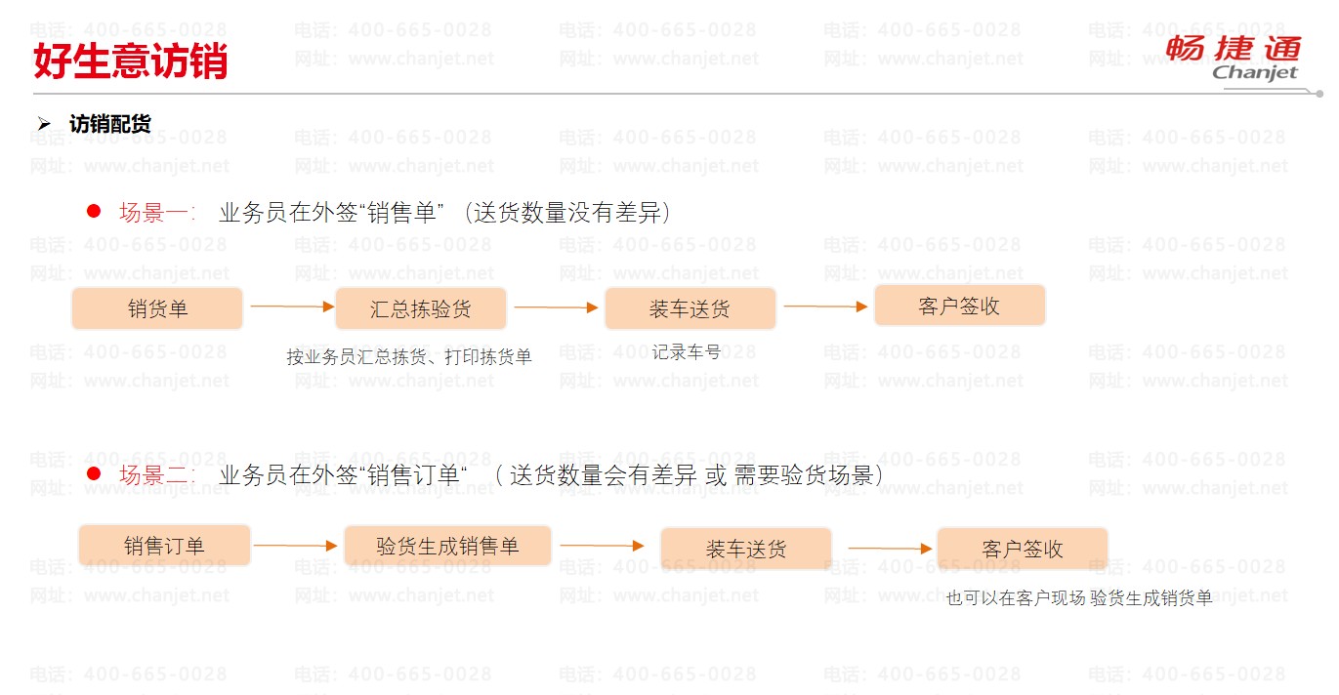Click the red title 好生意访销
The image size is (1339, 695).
click(131, 61)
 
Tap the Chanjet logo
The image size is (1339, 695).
click(1234, 58)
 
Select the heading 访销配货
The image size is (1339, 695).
click(109, 124)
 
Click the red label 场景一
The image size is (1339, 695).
click(156, 213)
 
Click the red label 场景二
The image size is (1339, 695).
click(156, 475)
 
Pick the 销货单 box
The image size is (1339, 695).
click(157, 308)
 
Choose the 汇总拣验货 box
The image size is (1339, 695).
click(421, 308)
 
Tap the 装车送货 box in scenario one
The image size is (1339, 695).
click(690, 308)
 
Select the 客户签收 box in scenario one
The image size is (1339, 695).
click(959, 306)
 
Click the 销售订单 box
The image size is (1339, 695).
click(164, 545)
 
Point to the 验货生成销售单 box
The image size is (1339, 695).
click(447, 545)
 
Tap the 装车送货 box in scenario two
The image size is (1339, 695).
click(746, 548)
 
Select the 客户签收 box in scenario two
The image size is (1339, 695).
click(1023, 548)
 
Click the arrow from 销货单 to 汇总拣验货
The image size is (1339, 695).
click(292, 307)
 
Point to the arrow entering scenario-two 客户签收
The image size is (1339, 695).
click(890, 549)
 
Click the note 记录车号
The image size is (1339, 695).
click(687, 351)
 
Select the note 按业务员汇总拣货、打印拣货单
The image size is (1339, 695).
click(409, 357)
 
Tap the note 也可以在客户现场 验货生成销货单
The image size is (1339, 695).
click(1079, 598)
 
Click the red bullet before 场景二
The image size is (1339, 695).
click(95, 473)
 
